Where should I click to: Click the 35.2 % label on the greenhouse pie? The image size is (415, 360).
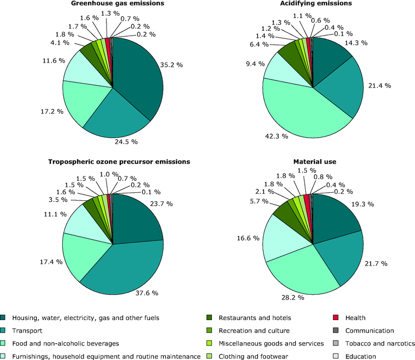171,65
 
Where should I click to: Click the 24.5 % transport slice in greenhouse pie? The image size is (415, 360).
116,116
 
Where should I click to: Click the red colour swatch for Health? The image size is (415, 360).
336,318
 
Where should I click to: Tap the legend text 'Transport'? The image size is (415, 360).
28,330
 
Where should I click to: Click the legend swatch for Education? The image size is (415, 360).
336,356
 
